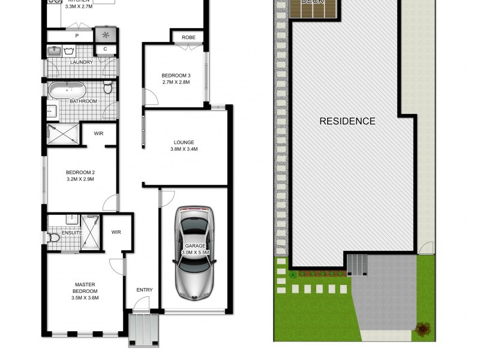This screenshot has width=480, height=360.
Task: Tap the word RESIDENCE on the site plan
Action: tap(347, 121)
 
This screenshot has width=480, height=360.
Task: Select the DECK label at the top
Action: tap(312, 2)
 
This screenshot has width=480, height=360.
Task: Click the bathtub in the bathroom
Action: tap(67, 91)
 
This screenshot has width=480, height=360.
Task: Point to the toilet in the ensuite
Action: tap(54, 238)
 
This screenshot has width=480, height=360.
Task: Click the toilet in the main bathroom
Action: tap(108, 89)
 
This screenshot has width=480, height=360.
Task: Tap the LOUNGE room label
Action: tap(184, 142)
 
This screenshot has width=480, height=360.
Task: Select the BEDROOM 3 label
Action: tap(176, 75)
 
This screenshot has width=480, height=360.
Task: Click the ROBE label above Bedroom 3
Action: tap(188, 37)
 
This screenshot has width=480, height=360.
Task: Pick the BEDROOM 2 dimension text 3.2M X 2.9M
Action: tap(80, 179)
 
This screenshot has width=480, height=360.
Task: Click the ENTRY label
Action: tap(144, 290)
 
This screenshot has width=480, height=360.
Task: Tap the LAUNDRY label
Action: tap(80, 62)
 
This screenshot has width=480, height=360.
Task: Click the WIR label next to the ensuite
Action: tap(116, 232)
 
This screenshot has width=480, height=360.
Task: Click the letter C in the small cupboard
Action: tap(106, 49)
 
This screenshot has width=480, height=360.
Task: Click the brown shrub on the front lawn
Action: tap(424, 328)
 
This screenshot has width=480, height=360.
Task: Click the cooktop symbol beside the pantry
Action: tap(106, 34)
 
